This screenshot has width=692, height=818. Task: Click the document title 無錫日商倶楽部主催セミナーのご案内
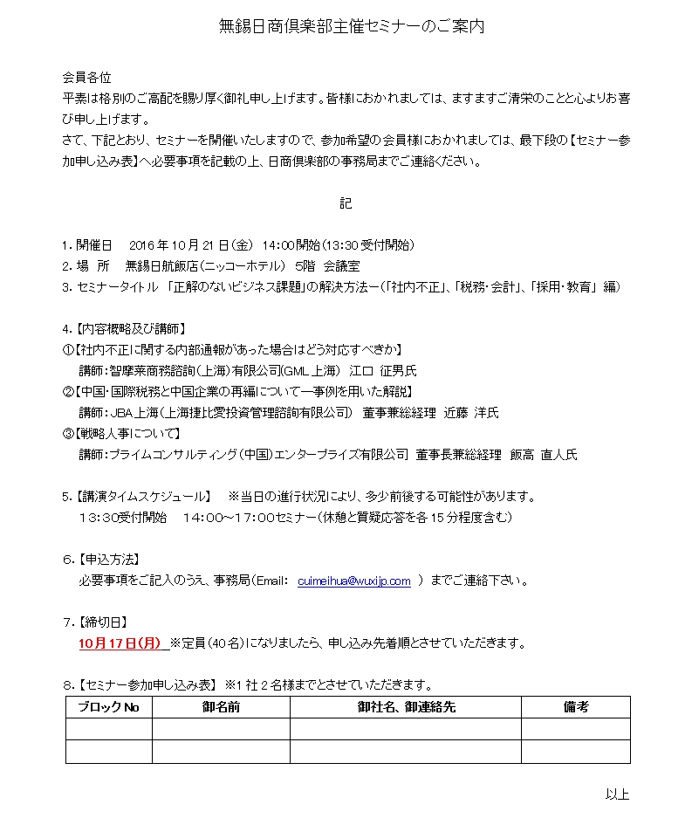tap(351, 26)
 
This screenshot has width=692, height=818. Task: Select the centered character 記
tap(346, 203)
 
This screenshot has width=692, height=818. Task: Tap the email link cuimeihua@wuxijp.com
tap(354, 581)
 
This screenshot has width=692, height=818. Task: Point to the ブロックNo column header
tap(109, 707)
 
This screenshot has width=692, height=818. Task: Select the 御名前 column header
tap(221, 707)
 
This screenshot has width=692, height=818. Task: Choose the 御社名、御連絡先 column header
tap(406, 707)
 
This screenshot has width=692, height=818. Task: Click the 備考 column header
tap(576, 707)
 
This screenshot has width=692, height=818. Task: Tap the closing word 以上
tap(617, 794)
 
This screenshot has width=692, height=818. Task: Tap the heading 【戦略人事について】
tap(129, 434)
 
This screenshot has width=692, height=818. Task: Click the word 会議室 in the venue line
tap(341, 265)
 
